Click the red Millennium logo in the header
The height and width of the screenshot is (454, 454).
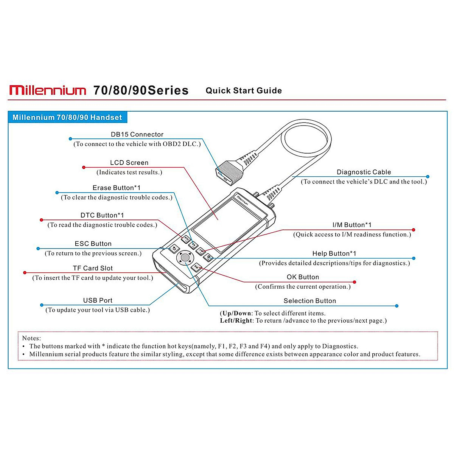48,90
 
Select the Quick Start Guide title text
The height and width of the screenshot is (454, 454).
244,90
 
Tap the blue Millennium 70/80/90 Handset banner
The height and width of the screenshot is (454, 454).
67,117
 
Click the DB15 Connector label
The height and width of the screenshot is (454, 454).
137,134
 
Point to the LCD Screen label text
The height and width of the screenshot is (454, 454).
129,163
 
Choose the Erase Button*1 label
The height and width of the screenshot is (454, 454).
117,188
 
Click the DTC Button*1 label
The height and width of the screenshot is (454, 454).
102,215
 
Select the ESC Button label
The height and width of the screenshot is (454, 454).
93,244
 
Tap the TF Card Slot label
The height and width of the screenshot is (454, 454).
93,268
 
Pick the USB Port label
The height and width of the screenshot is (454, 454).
98,300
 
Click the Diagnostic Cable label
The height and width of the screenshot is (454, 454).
364,172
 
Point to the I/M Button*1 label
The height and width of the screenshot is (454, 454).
352,225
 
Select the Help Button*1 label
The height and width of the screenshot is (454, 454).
334,253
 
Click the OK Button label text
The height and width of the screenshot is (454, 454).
303,277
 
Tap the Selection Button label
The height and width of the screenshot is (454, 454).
310,301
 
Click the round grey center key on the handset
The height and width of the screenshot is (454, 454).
185,258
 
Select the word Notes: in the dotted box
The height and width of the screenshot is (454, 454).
31,338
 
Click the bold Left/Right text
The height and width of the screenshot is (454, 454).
236,321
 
